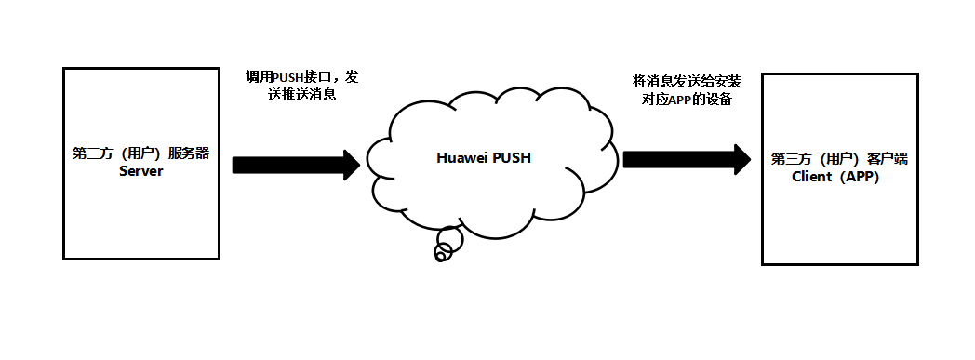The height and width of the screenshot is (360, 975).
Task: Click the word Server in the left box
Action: click(x=141, y=172)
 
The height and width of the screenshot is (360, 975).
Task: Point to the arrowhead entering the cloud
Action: click(x=351, y=165)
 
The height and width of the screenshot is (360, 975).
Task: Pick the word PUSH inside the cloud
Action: click(x=511, y=158)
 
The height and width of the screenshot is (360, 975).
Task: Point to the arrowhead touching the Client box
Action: click(x=742, y=159)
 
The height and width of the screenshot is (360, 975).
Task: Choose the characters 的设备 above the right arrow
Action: click(x=714, y=100)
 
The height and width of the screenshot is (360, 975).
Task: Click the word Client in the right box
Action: click(x=811, y=177)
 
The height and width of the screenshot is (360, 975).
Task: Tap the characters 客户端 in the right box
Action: click(x=888, y=159)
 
